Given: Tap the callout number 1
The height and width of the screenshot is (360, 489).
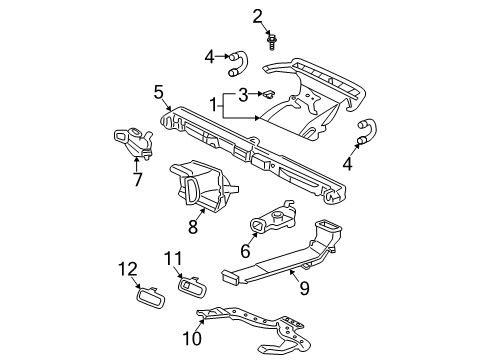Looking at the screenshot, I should pos(213,105).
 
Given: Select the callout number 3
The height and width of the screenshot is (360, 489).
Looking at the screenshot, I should pos(242,95).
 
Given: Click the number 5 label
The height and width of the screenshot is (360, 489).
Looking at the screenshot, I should pos(159,92).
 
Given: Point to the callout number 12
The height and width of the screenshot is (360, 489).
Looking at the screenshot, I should pos(127,267).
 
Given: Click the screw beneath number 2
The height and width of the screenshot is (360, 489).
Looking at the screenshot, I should pos(272,41).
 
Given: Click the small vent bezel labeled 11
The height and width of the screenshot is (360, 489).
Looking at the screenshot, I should pos(188,288).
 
